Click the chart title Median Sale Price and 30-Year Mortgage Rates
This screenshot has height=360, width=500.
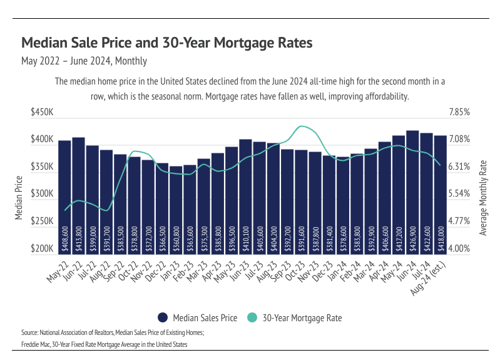tap(166, 43)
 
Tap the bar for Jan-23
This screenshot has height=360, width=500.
tap(176, 207)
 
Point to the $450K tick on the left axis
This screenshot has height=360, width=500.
tap(42, 112)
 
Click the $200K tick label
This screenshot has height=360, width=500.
tap(42, 249)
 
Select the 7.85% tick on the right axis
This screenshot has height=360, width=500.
tap(459, 112)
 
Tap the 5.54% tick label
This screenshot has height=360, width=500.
tap(459, 194)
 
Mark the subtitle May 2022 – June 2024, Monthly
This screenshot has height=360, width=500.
tap(84, 61)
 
